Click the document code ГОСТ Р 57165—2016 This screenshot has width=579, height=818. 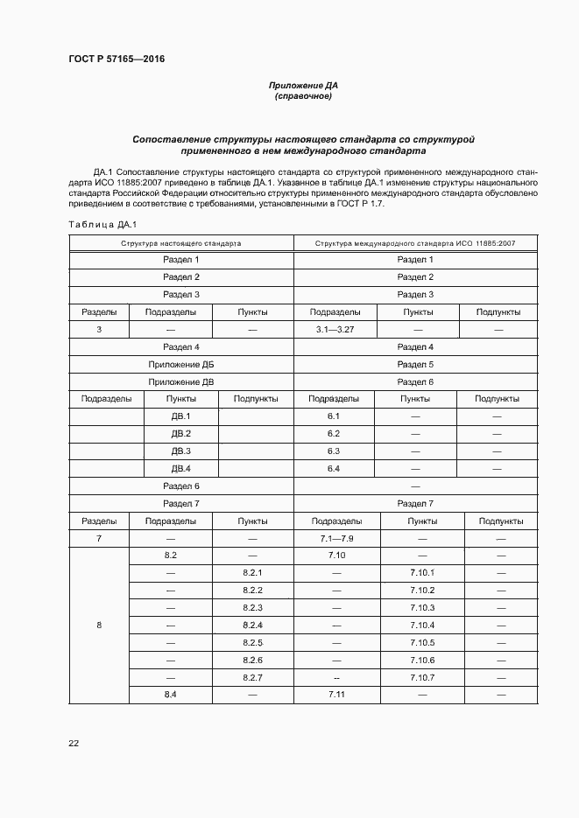[x=116, y=59]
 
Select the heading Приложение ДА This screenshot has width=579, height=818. [x=303, y=85]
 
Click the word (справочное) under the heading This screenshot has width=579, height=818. [x=303, y=96]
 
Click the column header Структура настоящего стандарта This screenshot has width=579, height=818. [x=181, y=243]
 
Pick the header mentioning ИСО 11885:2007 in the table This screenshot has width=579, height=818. [x=415, y=243]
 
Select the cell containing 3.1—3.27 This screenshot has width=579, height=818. [x=334, y=329]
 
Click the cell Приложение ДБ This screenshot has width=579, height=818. [x=181, y=364]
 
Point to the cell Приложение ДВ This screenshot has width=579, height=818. [x=181, y=381]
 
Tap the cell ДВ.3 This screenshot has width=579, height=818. [x=181, y=451]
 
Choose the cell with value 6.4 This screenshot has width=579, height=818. [x=334, y=468]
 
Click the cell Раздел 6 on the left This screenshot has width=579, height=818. [x=181, y=486]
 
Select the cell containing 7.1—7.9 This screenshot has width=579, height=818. [x=334, y=538]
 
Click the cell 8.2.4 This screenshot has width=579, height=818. [x=253, y=625]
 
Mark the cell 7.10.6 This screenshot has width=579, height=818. [x=421, y=660]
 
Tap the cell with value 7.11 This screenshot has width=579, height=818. [x=334, y=694]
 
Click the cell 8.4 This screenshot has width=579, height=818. [x=171, y=694]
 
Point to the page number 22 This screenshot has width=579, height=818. [x=74, y=743]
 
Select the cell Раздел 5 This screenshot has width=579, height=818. [x=415, y=364]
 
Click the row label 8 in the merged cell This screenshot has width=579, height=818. [x=99, y=625]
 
